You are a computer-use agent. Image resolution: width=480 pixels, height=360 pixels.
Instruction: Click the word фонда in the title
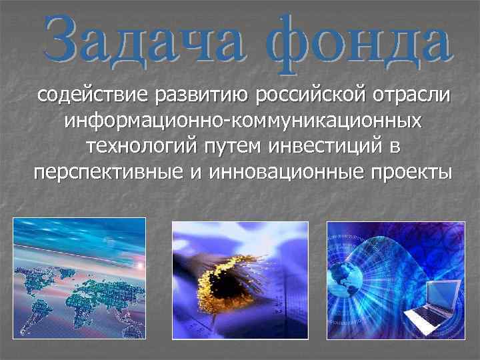click(360, 41)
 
